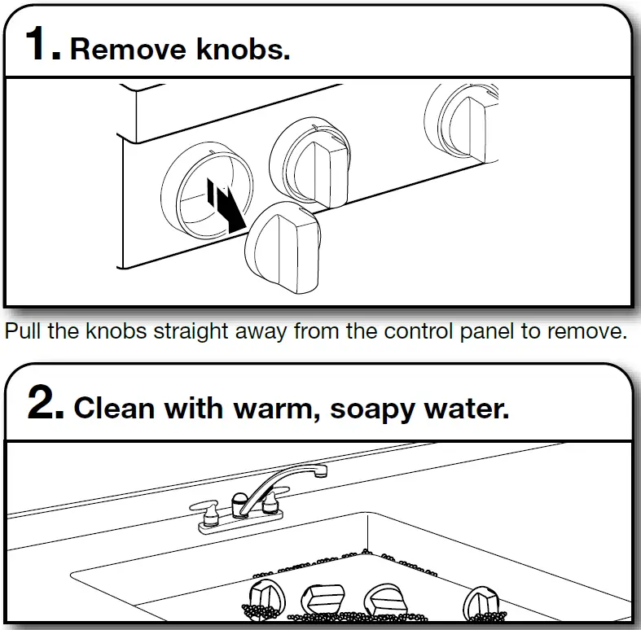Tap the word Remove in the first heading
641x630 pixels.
[x=128, y=50]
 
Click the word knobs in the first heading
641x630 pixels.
[x=243, y=49]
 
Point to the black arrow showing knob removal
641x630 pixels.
[x=226, y=204]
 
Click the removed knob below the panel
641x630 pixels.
[x=283, y=247]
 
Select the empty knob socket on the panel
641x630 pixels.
[x=206, y=190]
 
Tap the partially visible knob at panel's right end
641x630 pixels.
[x=462, y=124]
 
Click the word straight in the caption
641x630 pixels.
[x=191, y=331]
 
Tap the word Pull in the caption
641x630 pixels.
[x=22, y=331]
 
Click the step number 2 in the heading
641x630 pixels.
[x=46, y=402]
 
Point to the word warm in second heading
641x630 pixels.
[x=277, y=409]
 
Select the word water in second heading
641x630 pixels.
[x=467, y=409]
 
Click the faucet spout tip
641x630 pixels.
[x=322, y=470]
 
